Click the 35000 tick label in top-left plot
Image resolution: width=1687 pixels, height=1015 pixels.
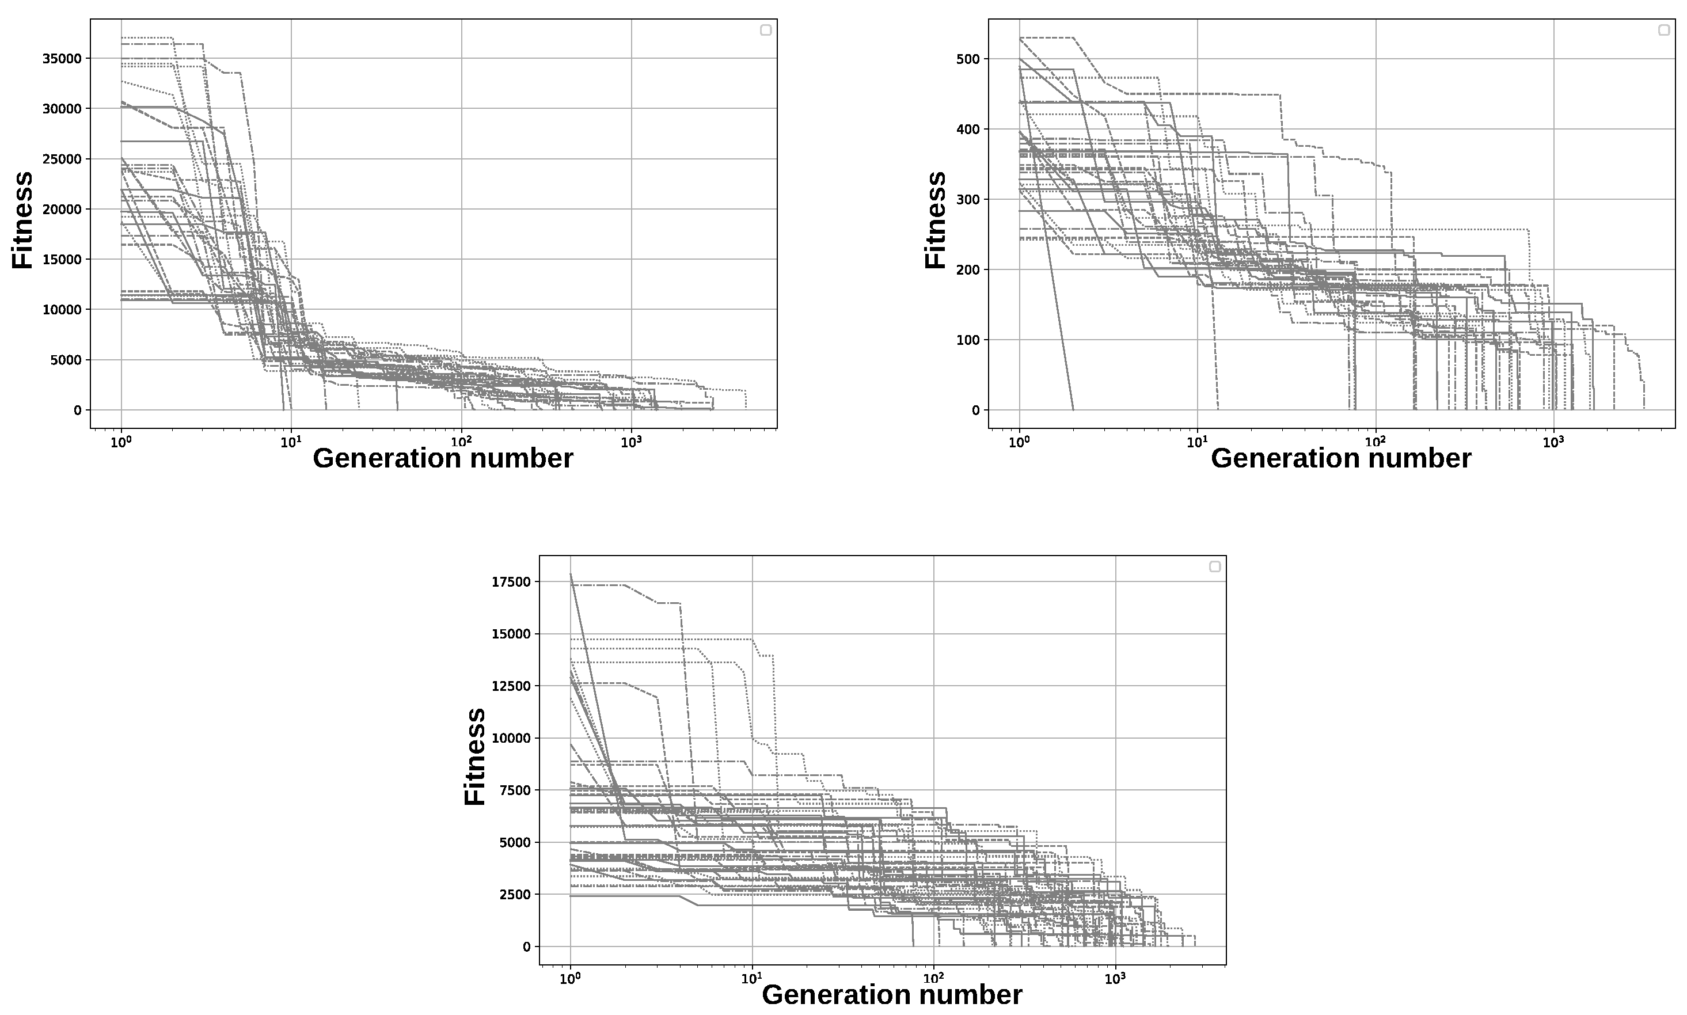(x=62, y=59)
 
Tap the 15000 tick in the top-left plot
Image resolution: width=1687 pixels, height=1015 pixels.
(x=62, y=259)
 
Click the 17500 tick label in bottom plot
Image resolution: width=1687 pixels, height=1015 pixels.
(x=511, y=582)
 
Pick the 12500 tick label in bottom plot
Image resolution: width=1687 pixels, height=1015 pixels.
(x=511, y=686)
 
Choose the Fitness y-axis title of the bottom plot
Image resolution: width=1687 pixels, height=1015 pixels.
(x=474, y=757)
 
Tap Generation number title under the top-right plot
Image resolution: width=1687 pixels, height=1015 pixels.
(x=1340, y=458)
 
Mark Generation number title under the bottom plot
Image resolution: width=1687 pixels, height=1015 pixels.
(x=892, y=994)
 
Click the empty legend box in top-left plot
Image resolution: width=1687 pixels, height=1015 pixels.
(x=766, y=30)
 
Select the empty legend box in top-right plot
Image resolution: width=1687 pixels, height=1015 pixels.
(x=1664, y=30)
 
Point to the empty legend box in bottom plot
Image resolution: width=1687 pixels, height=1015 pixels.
(x=1214, y=567)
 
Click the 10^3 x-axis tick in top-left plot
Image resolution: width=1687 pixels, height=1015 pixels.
(x=630, y=442)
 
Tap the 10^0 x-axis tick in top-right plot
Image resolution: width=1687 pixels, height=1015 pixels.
(x=1019, y=442)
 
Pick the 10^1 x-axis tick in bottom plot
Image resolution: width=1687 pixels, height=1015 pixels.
(x=751, y=978)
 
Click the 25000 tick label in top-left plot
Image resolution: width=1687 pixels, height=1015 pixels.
(x=62, y=159)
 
